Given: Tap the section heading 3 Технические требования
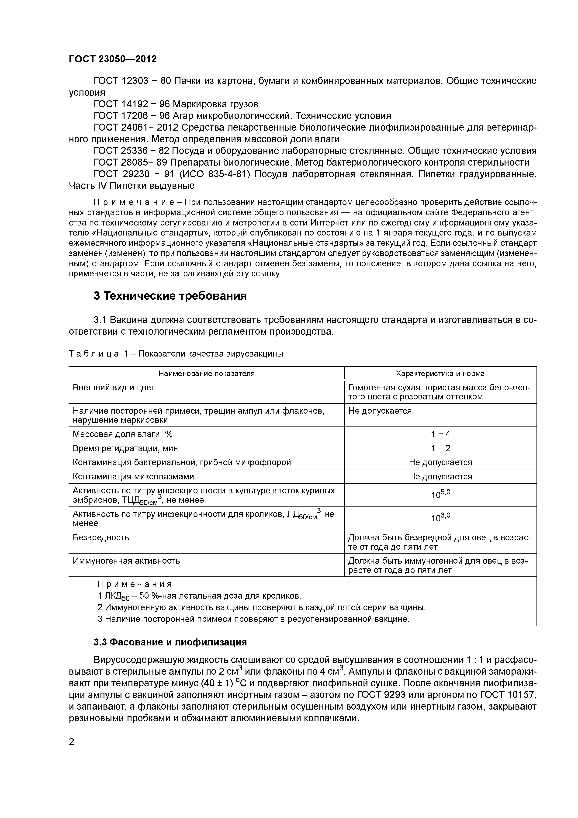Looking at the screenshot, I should (x=170, y=296).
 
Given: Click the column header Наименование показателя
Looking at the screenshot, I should (x=207, y=373).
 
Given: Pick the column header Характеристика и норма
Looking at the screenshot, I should (x=440, y=373).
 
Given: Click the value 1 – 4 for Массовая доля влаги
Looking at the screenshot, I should (x=440, y=434).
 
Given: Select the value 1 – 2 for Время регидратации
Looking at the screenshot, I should (x=440, y=448).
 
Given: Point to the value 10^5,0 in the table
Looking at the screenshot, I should (x=440, y=494).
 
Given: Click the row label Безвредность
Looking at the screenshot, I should (x=101, y=537).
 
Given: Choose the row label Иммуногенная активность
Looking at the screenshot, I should (x=126, y=560).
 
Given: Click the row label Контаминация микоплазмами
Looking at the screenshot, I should (x=133, y=476).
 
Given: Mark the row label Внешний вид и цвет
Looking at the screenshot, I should (x=114, y=387).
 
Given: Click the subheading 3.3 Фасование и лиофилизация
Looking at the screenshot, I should (x=170, y=642).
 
